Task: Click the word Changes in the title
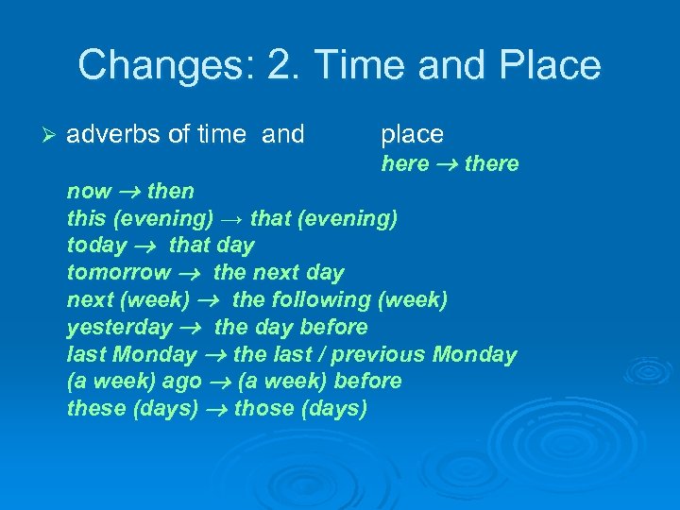tap(150, 65)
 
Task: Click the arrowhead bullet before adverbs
tap(52, 135)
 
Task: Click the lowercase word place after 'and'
tap(412, 135)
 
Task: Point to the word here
tap(405, 163)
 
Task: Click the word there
tap(491, 163)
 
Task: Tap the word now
tap(89, 191)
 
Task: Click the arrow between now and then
tap(129, 192)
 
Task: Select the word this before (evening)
tap(86, 218)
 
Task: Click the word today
tap(96, 246)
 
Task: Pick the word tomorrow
tap(118, 273)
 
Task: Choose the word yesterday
tap(119, 328)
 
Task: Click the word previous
tap(381, 355)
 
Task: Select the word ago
tap(181, 382)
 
